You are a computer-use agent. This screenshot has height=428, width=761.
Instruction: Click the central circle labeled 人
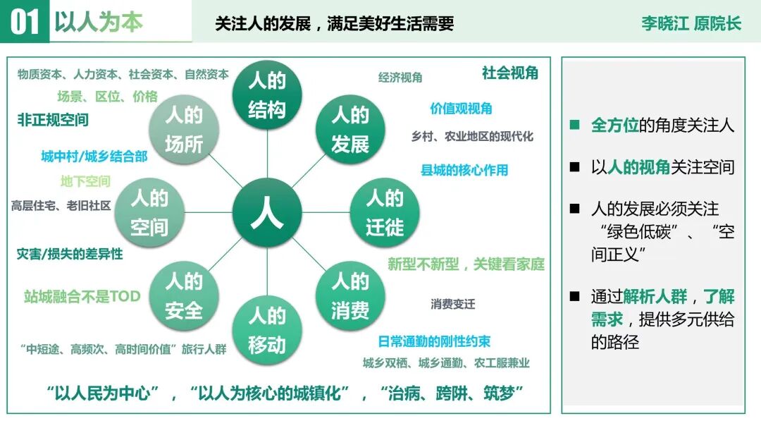[x=267, y=212]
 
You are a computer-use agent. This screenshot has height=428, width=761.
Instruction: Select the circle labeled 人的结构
[x=267, y=95]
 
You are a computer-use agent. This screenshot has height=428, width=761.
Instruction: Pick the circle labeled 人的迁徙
[x=385, y=212]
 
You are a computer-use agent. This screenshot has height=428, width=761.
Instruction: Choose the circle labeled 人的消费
[x=350, y=295]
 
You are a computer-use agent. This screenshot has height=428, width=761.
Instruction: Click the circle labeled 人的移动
[x=267, y=329]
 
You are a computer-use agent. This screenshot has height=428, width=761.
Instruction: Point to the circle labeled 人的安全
[x=184, y=295]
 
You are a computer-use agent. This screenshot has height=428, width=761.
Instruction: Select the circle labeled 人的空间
[x=149, y=212]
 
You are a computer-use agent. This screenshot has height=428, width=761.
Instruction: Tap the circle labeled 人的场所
[x=184, y=129]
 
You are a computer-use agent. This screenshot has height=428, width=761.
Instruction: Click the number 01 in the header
[x=25, y=22]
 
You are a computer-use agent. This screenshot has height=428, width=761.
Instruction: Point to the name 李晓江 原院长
[x=691, y=23]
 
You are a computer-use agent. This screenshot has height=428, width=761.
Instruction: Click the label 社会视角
[x=510, y=73]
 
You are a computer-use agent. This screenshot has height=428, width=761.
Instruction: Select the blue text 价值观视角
[x=462, y=109]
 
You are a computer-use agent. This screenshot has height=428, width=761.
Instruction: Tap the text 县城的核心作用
[x=464, y=170]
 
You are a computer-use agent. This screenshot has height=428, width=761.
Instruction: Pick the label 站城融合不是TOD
[x=82, y=297]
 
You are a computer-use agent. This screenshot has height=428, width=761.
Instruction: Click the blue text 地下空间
[x=85, y=182]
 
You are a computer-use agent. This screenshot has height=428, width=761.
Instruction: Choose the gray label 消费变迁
[x=453, y=305]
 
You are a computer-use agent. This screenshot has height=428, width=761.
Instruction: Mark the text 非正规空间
[x=53, y=120]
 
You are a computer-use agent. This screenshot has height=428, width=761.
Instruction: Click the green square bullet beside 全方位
[x=575, y=126]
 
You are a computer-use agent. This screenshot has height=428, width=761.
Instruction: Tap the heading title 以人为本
[x=99, y=22]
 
